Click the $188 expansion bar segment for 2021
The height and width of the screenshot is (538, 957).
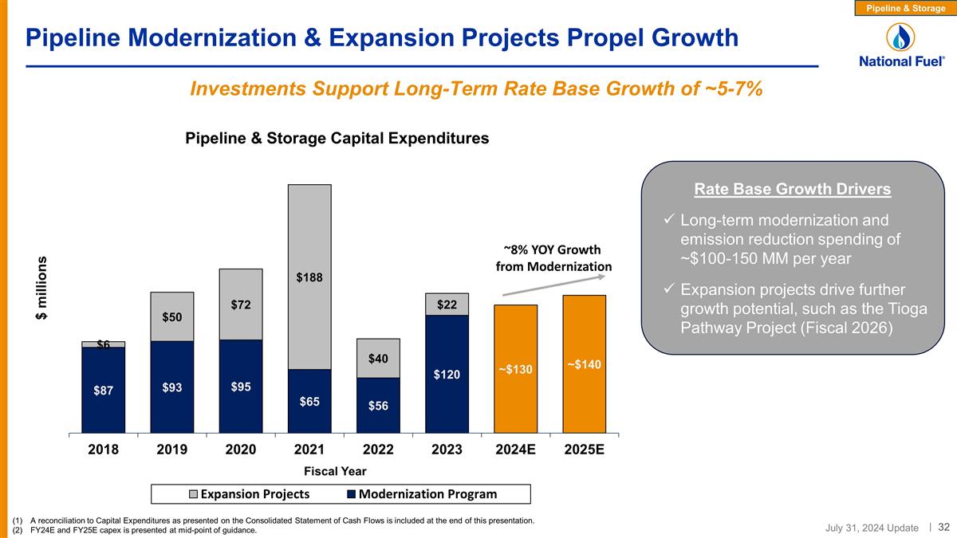(309, 277)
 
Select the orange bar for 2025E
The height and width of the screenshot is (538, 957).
(584, 363)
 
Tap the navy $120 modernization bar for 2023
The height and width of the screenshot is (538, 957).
(447, 374)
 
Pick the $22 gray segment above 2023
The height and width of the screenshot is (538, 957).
(447, 304)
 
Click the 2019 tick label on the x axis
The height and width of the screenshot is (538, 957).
(172, 450)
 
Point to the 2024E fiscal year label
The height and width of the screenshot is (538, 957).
(515, 450)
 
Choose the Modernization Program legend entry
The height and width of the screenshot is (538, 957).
(422, 494)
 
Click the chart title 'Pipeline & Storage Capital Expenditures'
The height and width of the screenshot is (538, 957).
(337, 139)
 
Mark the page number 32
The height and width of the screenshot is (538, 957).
(943, 527)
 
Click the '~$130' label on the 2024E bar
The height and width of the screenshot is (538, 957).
(515, 370)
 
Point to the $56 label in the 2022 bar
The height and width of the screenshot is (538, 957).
(378, 406)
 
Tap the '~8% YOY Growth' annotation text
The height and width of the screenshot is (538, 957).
(553, 249)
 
